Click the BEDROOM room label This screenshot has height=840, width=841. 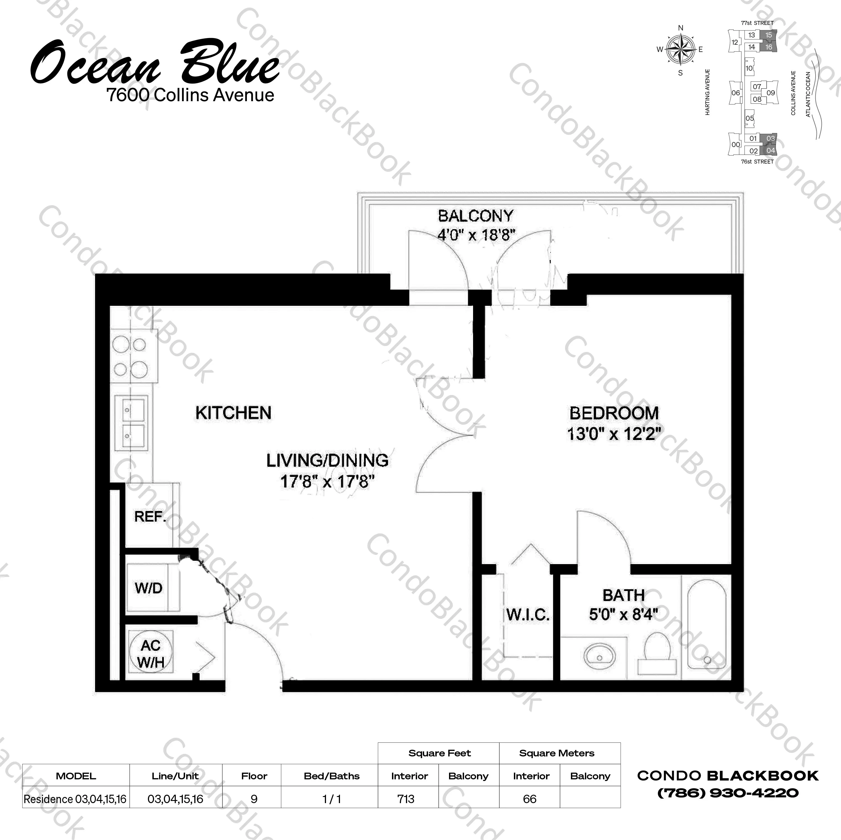click(614, 413)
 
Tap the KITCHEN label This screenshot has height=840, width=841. click(233, 413)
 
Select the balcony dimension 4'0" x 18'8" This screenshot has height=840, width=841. click(476, 235)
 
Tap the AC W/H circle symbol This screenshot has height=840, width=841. click(151, 652)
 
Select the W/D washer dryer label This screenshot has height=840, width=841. click(148, 588)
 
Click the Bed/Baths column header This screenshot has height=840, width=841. click(332, 776)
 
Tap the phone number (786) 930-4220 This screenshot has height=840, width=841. click(728, 793)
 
